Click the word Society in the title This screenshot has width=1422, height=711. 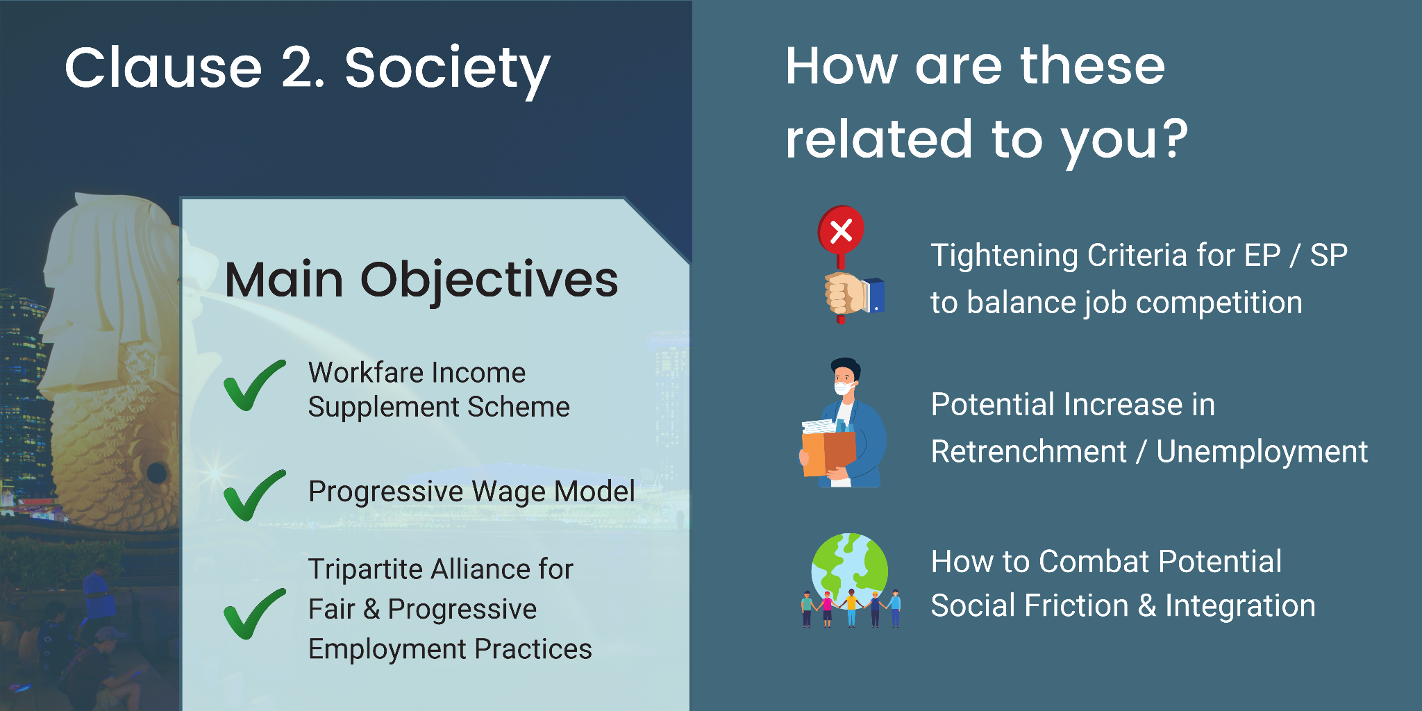coord(447,70)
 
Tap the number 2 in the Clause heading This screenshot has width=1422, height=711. coord(303,67)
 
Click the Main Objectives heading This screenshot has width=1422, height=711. coord(421,280)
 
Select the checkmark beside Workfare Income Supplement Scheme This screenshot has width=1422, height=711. coord(255,385)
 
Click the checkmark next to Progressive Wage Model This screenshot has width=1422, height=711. coord(255,495)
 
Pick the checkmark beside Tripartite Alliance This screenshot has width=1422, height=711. coord(255,614)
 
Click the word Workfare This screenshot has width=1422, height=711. coord(360,373)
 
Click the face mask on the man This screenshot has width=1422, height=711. coord(844,388)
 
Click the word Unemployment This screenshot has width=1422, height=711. coord(1262,453)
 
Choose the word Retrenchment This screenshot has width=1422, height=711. coord(1028,452)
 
